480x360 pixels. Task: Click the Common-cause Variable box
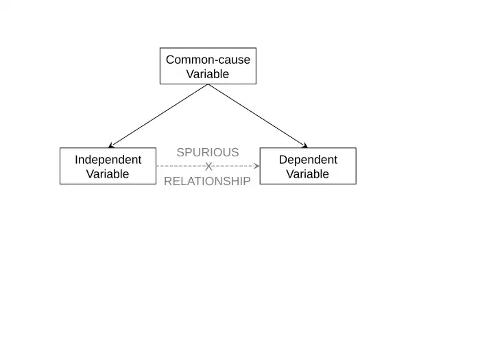point(208,66)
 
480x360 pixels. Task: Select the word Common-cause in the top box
point(208,59)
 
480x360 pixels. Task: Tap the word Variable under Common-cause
point(208,74)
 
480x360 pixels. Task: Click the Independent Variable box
point(108,166)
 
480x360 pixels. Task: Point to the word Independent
point(108,159)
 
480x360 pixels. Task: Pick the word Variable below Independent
point(108,174)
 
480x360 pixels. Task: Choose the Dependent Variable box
point(308,166)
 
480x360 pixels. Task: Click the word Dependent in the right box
point(308,159)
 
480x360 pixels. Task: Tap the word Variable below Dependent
point(308,174)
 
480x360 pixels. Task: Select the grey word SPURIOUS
point(208,152)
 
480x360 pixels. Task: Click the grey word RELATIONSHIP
point(208,182)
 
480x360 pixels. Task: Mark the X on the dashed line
point(209,167)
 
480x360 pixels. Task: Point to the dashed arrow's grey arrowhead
point(256,166)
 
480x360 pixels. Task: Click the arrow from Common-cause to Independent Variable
point(158,116)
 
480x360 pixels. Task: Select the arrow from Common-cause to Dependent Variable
point(258,116)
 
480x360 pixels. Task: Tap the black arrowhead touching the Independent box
point(112,145)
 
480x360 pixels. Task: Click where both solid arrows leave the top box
point(208,84)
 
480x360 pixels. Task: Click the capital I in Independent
point(76,159)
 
